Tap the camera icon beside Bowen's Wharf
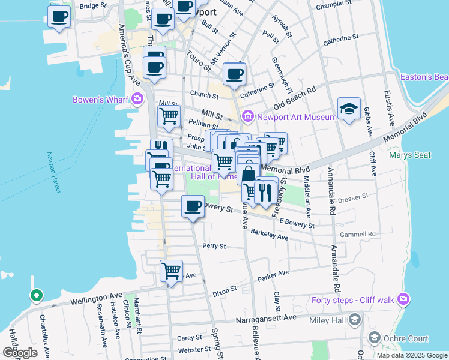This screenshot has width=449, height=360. pyautogui.click(x=139, y=99)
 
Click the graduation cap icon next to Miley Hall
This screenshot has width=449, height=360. pyautogui.click(x=355, y=319)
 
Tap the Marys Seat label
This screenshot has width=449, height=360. pyautogui.click(x=409, y=155)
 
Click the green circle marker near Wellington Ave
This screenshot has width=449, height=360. pyautogui.click(x=36, y=295)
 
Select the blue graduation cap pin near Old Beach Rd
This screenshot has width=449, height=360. pyautogui.click(x=349, y=109)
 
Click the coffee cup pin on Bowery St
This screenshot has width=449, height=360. pyautogui.click(x=193, y=207)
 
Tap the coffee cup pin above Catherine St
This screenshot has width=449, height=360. pyautogui.click(x=234, y=75)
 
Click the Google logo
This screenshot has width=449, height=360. pyautogui.click(x=20, y=353)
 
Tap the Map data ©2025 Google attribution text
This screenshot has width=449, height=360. pyautogui.click(x=411, y=355)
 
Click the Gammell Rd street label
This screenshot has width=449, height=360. pyautogui.click(x=357, y=234)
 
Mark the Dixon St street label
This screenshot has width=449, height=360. pyautogui.click(x=224, y=292)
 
